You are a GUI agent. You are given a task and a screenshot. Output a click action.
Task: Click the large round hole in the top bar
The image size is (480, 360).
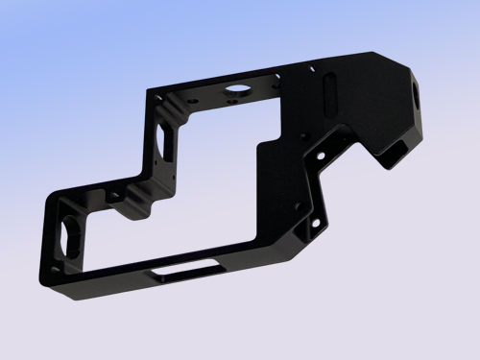[x=234, y=92]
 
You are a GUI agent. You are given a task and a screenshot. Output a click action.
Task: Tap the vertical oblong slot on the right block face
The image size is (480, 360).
[x=329, y=98]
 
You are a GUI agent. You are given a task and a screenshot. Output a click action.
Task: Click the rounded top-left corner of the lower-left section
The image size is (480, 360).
[x=50, y=195]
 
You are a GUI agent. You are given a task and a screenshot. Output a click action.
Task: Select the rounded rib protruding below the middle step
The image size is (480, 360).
[x=144, y=206]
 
